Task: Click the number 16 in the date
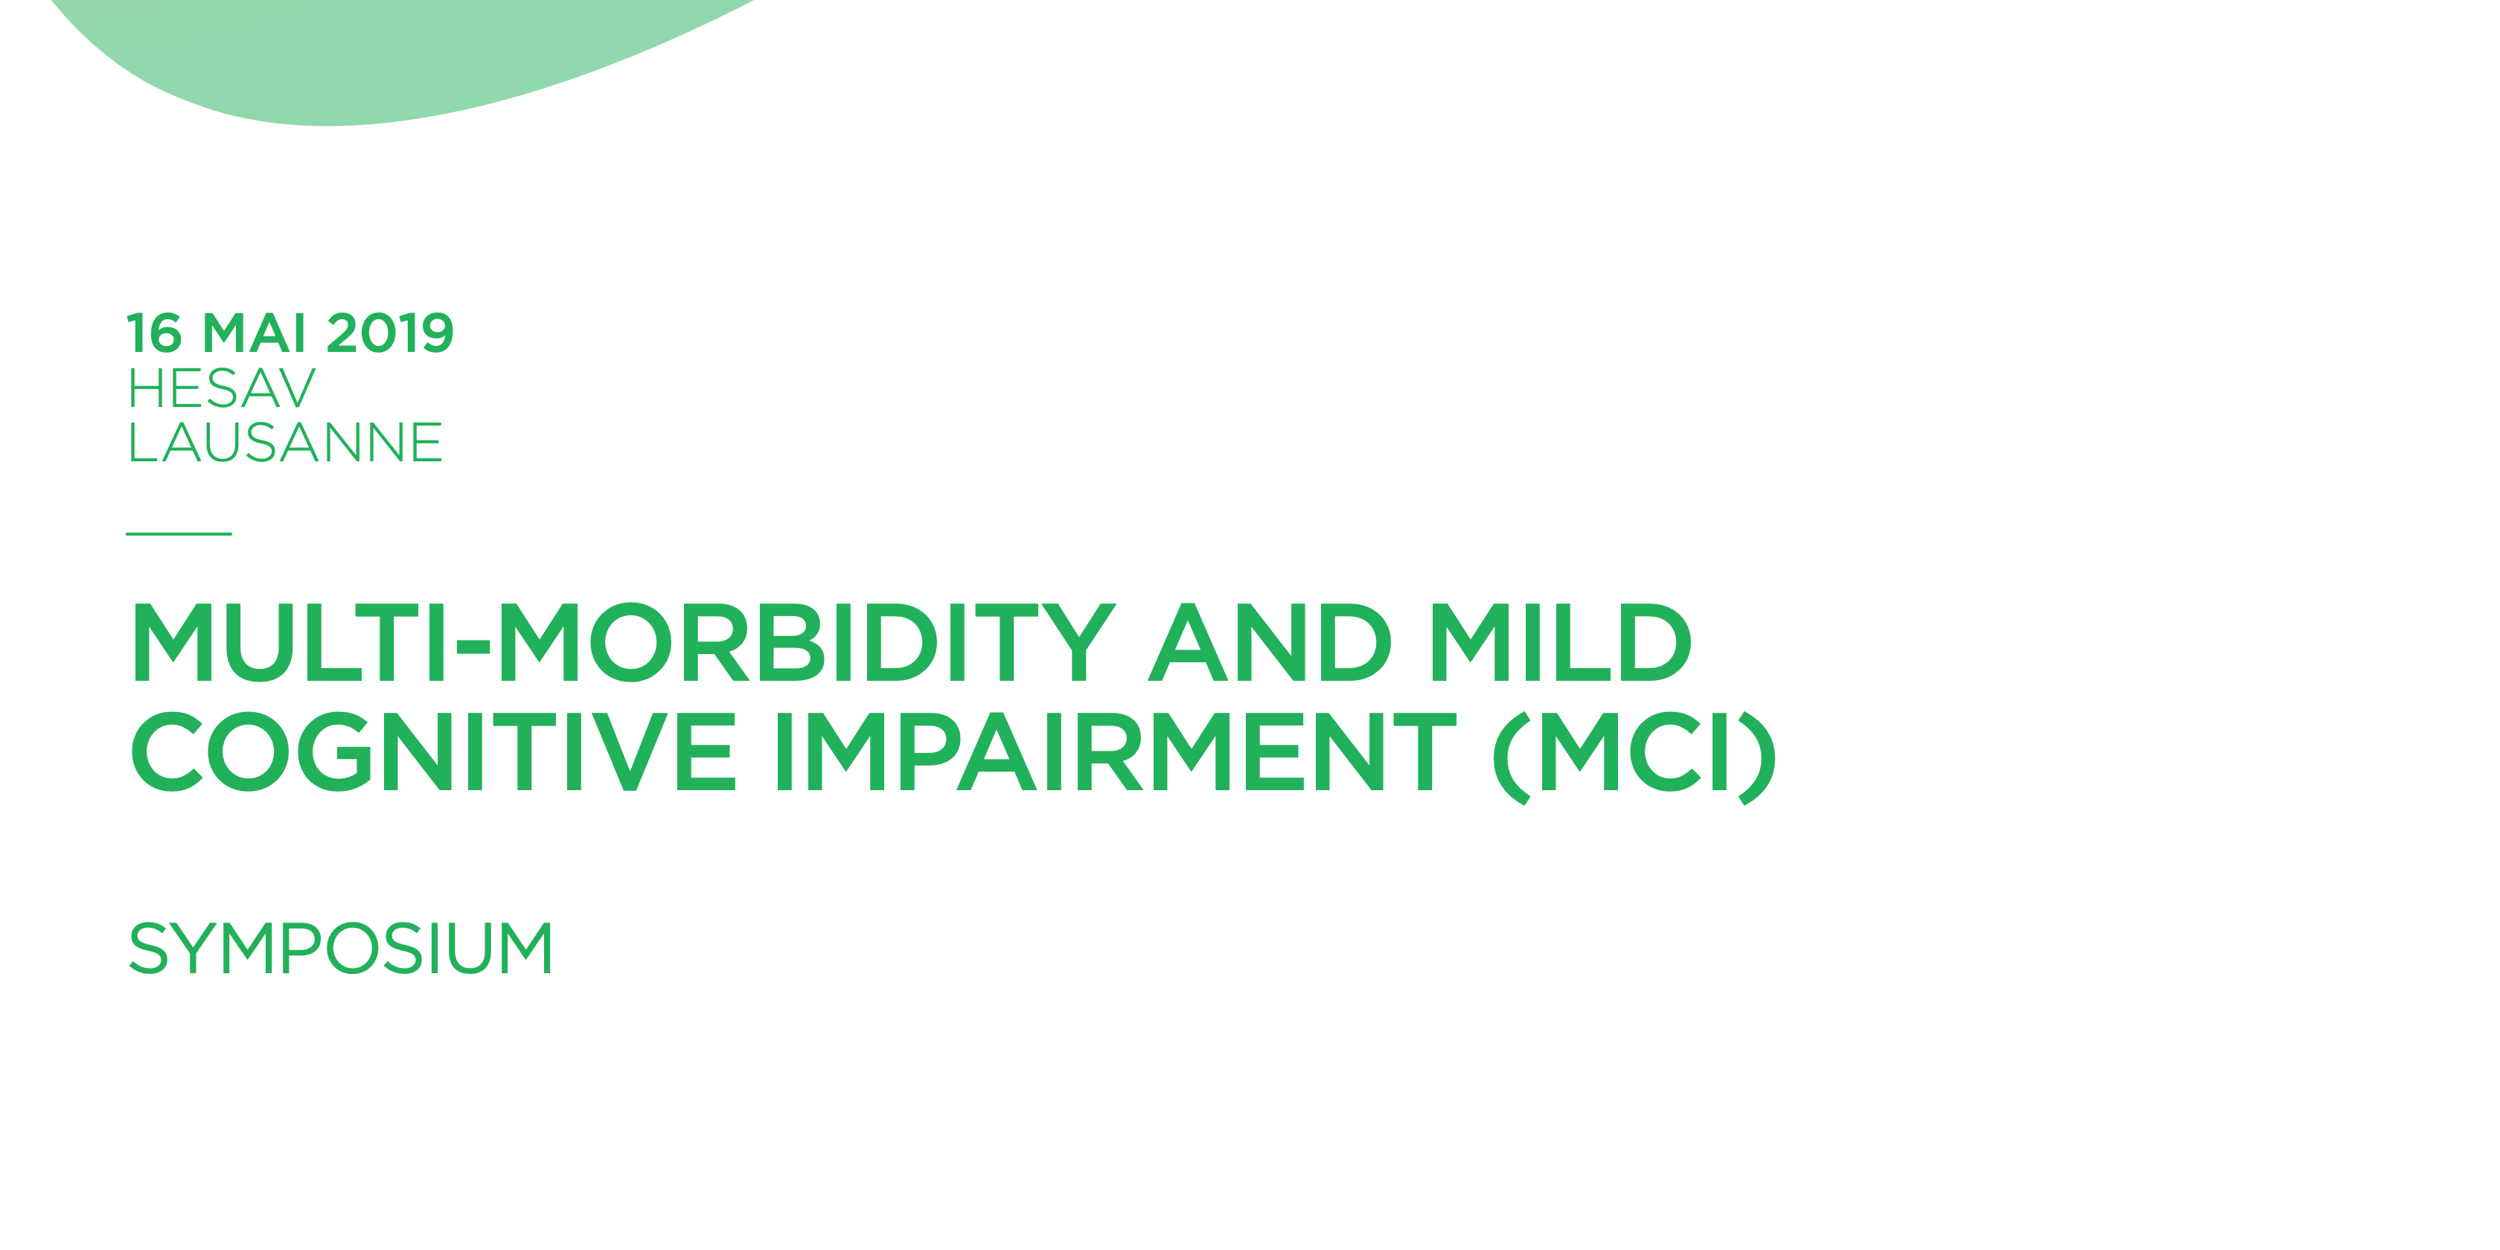(154, 334)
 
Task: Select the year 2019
(390, 334)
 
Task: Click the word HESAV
(223, 389)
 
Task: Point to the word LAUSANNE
(285, 443)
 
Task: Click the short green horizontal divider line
(179, 533)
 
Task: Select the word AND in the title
(1270, 642)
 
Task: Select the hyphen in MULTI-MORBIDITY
(473, 644)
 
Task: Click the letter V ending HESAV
(293, 389)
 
